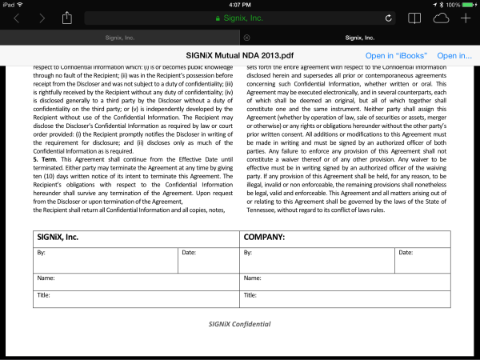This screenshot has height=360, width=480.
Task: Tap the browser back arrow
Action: coord(17,18)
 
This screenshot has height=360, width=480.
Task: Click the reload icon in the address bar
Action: coord(388,18)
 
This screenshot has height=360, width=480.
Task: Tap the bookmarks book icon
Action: coord(414,18)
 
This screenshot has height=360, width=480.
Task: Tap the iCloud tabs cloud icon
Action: coord(441,18)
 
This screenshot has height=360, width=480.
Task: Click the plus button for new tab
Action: coord(466,18)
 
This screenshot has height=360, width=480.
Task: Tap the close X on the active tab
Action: coord(246,37)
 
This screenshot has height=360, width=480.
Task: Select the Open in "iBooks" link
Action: coord(396,55)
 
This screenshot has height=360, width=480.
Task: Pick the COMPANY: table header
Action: coord(265,238)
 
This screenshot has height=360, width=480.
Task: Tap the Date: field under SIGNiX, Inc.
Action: coord(206,259)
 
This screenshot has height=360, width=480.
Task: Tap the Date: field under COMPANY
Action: coord(422,259)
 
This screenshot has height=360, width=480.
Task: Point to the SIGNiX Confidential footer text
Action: coord(240,324)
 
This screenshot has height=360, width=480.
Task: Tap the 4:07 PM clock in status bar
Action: coord(240,4)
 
